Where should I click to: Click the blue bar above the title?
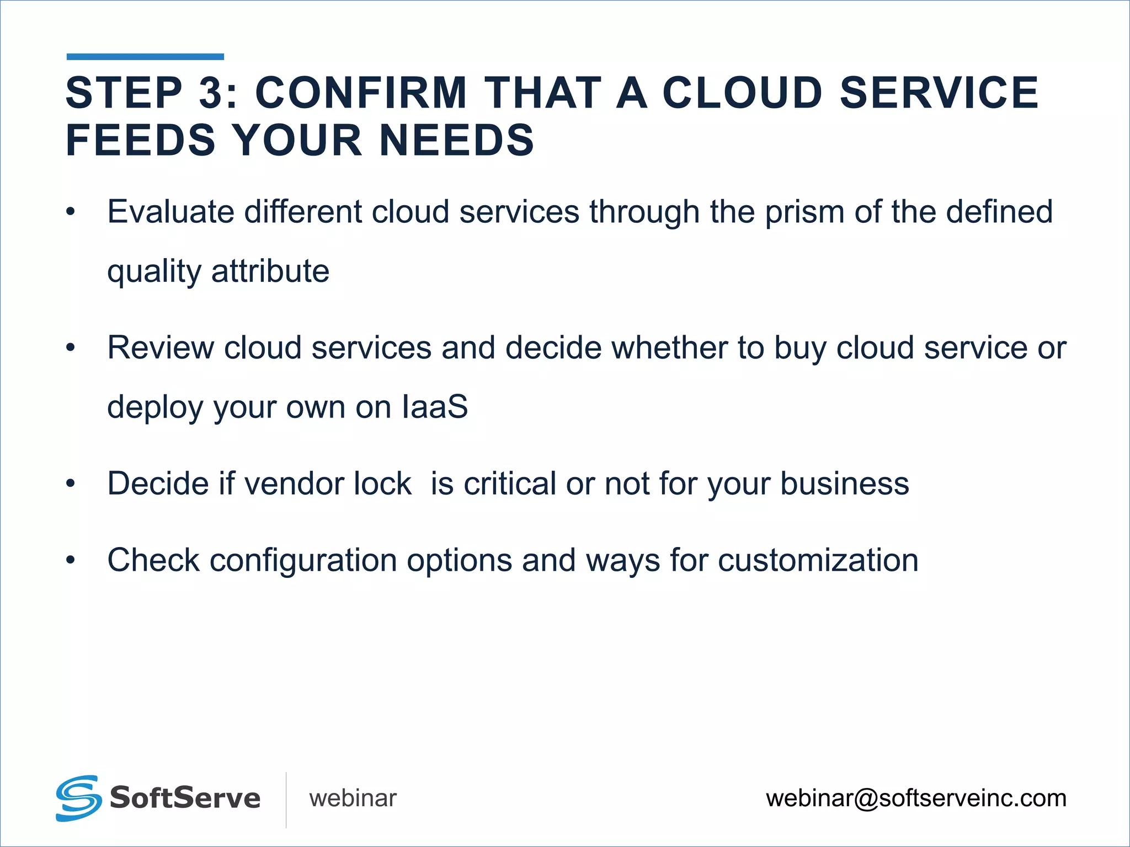tap(145, 56)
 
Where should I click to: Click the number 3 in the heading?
tap(211, 93)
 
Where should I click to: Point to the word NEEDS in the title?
tap(457, 140)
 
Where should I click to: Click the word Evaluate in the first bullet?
tap(170, 212)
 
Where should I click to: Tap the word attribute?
tap(270, 271)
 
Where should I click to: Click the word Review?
tap(161, 348)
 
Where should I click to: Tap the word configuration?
tap(303, 561)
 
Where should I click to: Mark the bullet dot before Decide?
tap(70, 484)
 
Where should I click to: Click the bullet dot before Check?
tap(70, 560)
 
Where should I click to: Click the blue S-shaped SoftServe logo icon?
tap(78, 798)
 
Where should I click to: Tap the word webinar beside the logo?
tap(353, 798)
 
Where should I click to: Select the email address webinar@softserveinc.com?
tap(916, 798)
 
